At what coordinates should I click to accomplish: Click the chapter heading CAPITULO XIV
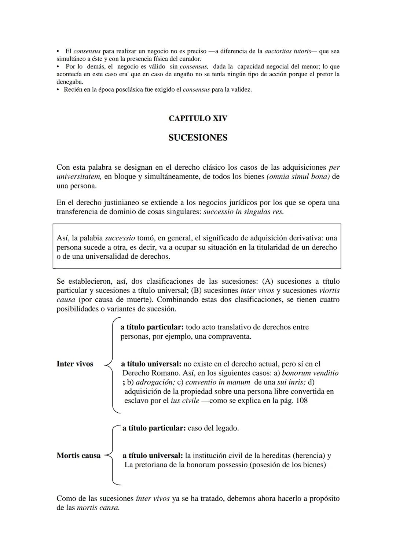click(198, 118)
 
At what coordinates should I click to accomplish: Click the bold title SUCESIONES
click(198, 138)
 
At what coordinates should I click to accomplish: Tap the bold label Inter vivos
click(75, 364)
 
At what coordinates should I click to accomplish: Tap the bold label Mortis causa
click(78, 456)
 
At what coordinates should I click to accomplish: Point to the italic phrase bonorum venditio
click(310, 373)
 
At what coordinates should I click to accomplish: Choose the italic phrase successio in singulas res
click(243, 212)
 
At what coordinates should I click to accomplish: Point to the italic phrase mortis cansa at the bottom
click(98, 508)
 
